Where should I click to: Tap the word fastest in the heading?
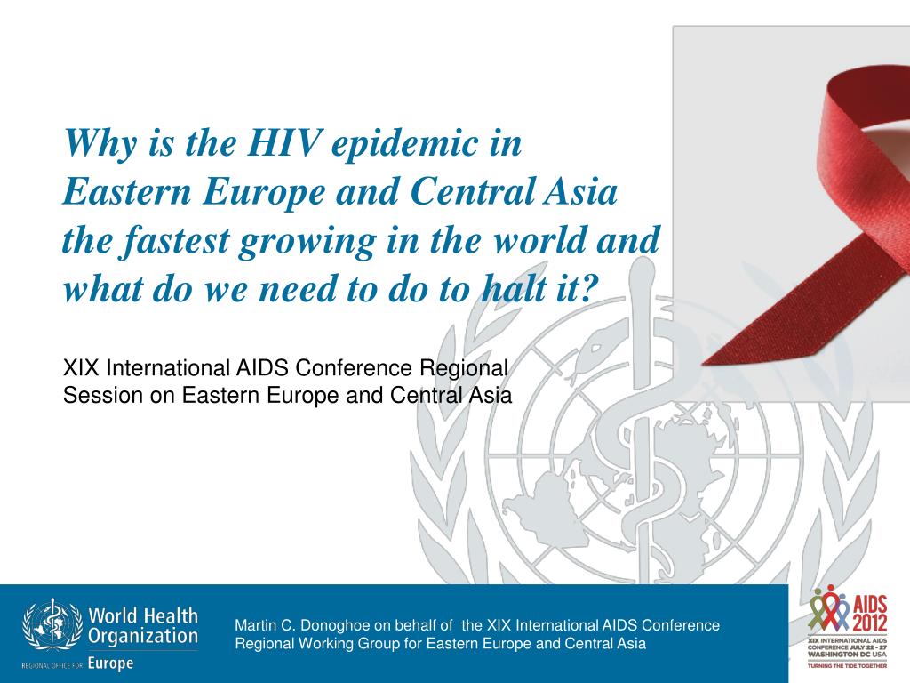pos(171,239)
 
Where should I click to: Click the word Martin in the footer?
pos(254,625)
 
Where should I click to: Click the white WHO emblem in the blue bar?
pos(52,627)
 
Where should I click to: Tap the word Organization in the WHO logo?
pos(142,637)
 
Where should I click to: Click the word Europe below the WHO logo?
pos(110,663)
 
